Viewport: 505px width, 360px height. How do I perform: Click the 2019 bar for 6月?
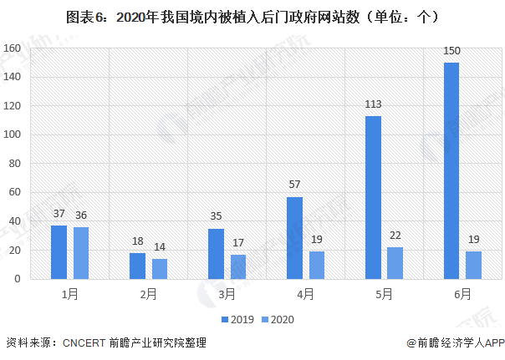click(x=451, y=171)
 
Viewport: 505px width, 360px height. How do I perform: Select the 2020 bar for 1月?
click(x=80, y=253)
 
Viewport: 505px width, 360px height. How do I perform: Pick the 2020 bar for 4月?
click(x=316, y=266)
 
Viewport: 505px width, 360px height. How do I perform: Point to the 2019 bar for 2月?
click(x=137, y=266)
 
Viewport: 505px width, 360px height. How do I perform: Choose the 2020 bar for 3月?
click(x=237, y=267)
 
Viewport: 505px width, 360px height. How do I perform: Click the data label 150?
click(x=451, y=53)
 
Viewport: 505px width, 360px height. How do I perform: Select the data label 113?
click(x=373, y=106)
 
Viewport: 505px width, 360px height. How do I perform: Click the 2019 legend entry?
click(x=237, y=319)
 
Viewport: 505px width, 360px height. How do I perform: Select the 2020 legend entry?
click(x=278, y=319)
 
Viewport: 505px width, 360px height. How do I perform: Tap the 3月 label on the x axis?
click(x=227, y=294)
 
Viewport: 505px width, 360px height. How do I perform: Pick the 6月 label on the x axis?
click(x=462, y=294)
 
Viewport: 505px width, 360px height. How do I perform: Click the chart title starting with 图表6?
click(x=252, y=16)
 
